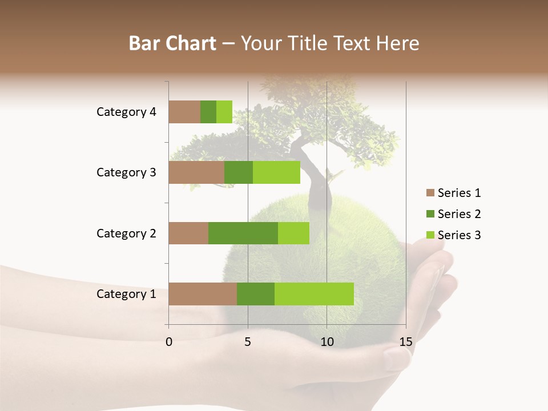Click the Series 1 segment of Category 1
pos(203,294)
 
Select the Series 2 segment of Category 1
pos(256,294)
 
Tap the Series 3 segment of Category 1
pos(314,294)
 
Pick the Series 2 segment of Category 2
pos(243,233)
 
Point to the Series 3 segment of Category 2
pos(293,233)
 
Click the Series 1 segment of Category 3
pos(196,172)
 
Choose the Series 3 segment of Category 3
pos(276,172)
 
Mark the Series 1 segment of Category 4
pos(184,112)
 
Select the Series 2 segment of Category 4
pos(208,112)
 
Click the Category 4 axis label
pos(126,112)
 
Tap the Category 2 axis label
pos(126,233)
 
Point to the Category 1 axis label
pos(126,294)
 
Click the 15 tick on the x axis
pos(406,342)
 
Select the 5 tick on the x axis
pos(248,342)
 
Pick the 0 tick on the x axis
pos(169,342)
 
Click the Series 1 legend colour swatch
pos(430,193)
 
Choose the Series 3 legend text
pos(459,235)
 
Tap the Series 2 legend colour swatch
pos(430,214)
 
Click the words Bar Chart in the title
pos(172,43)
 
